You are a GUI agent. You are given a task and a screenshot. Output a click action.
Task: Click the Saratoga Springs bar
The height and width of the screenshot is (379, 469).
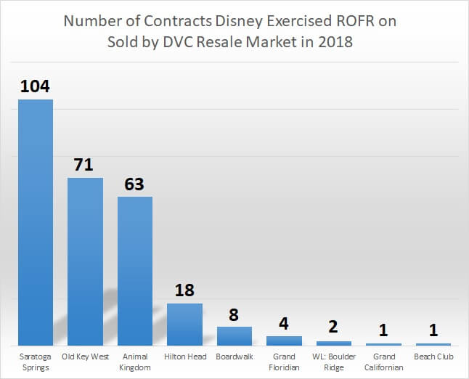[x=36, y=221]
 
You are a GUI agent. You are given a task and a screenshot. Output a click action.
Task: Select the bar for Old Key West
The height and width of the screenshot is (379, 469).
[x=85, y=261]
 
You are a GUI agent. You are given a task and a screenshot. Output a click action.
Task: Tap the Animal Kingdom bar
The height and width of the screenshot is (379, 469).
[x=135, y=271]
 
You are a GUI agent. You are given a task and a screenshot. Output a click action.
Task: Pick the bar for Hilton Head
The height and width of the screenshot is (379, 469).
[x=184, y=324]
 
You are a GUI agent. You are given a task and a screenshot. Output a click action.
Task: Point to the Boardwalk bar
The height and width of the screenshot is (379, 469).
[x=234, y=335]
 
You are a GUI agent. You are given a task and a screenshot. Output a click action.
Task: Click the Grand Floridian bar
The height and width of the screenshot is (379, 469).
[x=284, y=340]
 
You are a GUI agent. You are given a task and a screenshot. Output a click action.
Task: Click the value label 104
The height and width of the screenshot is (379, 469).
[x=35, y=86]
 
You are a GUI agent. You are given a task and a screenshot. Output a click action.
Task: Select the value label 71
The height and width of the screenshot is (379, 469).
[x=84, y=165]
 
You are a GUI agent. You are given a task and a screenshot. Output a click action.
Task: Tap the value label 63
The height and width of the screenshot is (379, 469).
[x=134, y=184]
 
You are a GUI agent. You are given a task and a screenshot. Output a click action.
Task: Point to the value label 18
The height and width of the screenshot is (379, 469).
[x=184, y=290]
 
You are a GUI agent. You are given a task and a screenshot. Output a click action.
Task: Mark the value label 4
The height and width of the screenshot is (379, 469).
[x=284, y=323]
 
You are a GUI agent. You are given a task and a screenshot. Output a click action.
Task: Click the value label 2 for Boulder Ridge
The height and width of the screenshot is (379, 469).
[x=333, y=327]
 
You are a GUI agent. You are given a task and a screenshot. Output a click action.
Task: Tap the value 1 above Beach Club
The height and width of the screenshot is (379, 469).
[x=433, y=330]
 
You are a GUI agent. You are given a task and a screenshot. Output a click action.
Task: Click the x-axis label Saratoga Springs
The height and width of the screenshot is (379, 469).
[x=36, y=362]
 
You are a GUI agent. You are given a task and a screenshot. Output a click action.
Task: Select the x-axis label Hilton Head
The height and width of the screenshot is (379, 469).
[x=184, y=356]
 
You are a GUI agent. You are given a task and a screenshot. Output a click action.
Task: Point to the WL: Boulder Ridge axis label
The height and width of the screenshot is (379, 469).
[x=333, y=362]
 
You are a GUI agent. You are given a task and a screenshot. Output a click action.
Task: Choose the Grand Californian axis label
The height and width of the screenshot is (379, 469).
[x=383, y=362]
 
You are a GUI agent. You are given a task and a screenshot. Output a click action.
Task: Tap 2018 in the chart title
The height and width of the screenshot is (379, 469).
[x=335, y=42]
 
